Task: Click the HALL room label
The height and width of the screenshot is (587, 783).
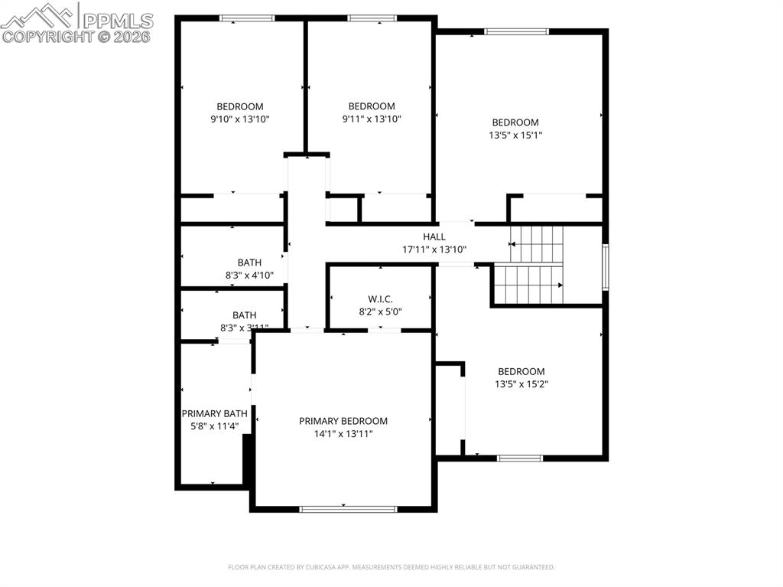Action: click(434, 236)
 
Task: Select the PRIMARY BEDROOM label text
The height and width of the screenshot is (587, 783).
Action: click(343, 421)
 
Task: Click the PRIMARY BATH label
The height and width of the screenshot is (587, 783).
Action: click(214, 413)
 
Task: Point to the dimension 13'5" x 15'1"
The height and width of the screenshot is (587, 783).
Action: click(515, 135)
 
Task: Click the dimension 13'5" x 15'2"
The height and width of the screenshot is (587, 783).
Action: click(521, 384)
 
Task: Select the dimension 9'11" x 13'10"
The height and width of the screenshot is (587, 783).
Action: click(371, 119)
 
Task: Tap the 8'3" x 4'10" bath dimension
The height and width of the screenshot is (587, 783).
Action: click(249, 275)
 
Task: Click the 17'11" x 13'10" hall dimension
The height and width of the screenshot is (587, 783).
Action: click(434, 249)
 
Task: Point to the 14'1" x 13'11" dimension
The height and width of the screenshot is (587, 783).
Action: click(343, 433)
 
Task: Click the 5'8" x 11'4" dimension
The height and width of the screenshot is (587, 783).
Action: click(214, 426)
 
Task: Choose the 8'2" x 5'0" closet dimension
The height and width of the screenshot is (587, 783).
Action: click(380, 311)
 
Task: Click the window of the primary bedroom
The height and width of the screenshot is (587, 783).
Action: click(348, 508)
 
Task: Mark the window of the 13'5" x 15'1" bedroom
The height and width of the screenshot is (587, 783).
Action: click(517, 31)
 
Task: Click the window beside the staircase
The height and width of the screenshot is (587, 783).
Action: click(605, 266)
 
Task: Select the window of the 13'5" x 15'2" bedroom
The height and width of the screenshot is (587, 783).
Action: click(520, 458)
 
